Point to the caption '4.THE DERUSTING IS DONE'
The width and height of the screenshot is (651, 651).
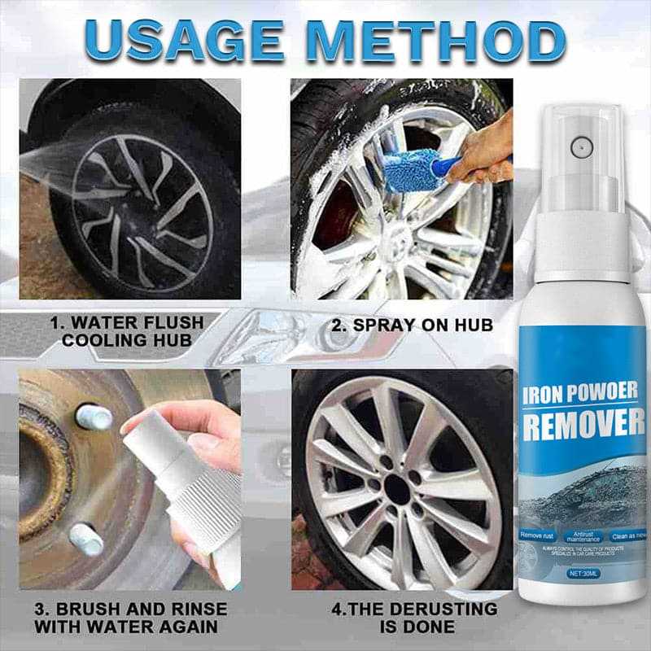[416, 617]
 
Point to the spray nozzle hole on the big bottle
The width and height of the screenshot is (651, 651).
[581, 147]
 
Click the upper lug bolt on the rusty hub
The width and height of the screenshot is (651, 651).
[94, 417]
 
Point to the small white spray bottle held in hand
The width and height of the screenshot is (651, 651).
[183, 488]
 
